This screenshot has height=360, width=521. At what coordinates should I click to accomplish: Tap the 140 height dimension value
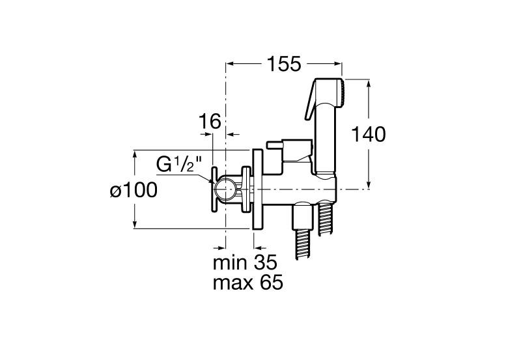point(369,134)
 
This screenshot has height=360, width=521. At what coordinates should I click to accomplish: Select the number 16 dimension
point(210,121)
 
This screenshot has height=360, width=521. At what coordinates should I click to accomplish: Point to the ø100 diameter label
point(133,190)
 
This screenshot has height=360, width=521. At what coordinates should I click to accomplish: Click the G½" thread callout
point(176,164)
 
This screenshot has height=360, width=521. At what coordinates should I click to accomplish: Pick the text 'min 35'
point(245,264)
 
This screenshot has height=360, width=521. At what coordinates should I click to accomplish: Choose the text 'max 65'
point(247,284)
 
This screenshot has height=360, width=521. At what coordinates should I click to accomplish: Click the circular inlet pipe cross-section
point(225,189)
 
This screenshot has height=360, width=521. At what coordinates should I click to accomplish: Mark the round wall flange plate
point(258,189)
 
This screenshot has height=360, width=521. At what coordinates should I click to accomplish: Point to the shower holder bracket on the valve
point(294,151)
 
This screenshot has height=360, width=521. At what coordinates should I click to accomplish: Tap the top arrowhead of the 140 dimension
point(370,83)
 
